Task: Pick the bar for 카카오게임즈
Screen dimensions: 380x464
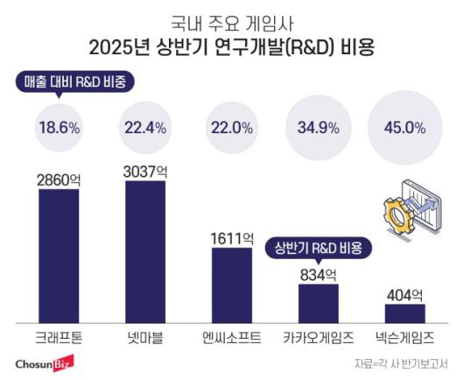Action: click(x=318, y=303)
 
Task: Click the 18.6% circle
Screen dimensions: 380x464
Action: click(x=59, y=127)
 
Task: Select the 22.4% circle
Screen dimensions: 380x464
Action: click(x=144, y=127)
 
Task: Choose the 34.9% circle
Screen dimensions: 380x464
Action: click(x=318, y=127)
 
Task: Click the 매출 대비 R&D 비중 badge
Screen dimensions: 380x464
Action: click(x=76, y=83)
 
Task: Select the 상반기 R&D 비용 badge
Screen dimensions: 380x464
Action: click(x=320, y=248)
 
